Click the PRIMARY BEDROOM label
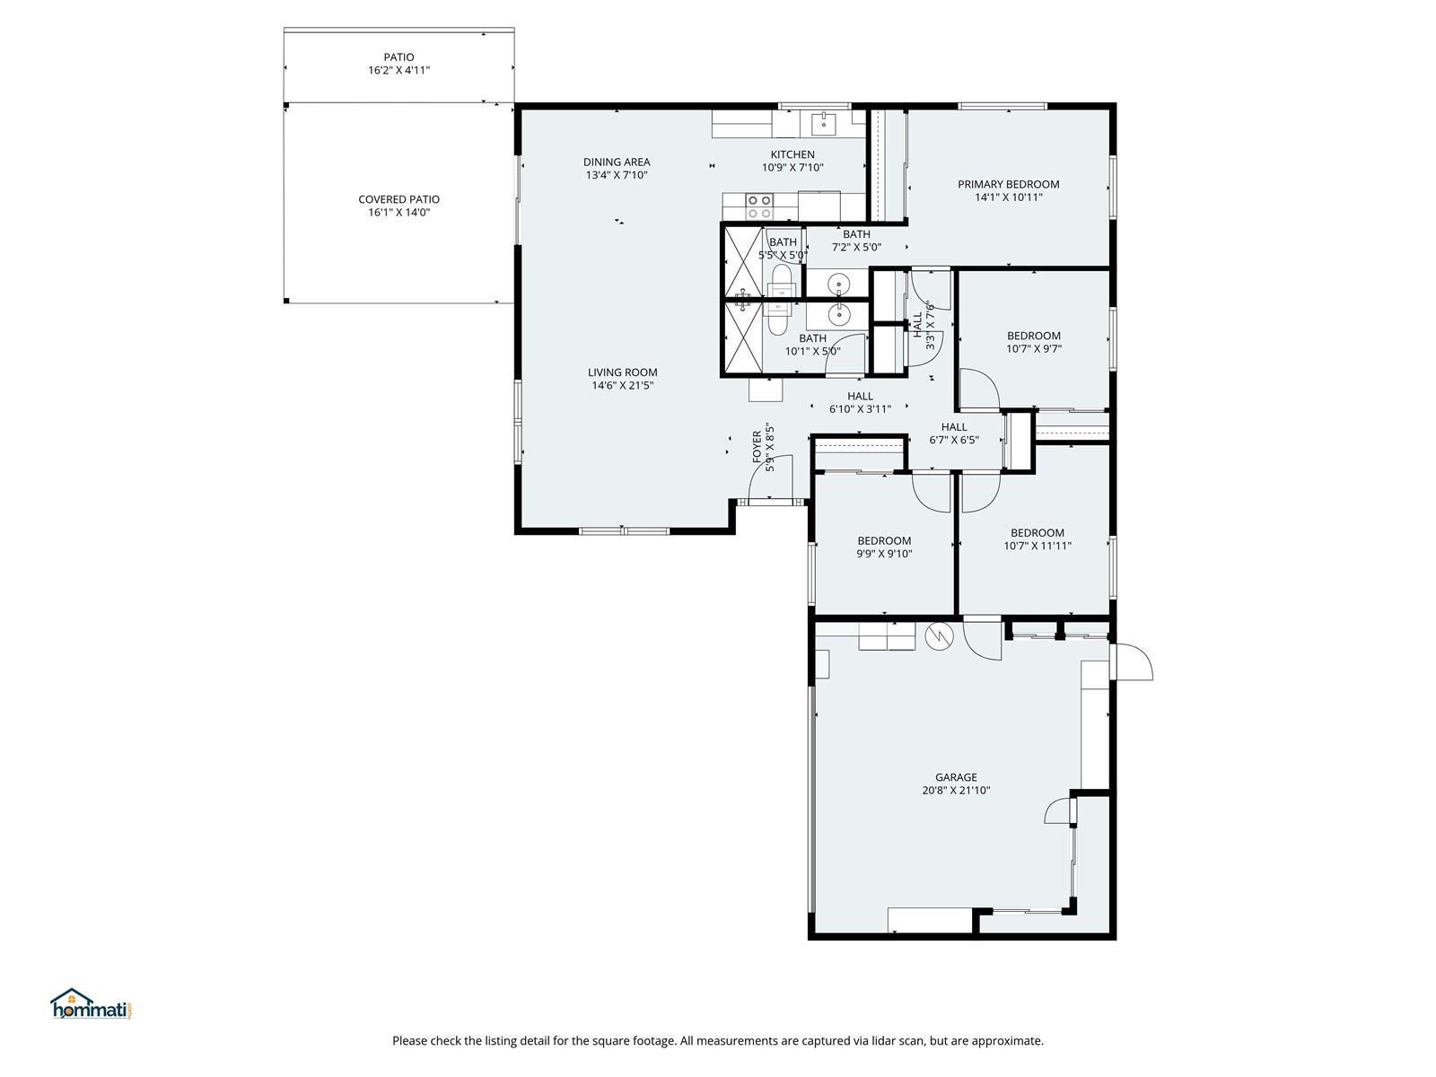pos(1008,184)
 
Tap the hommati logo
pos(92,1004)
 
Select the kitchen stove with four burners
pos(759,206)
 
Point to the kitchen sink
pos(823,124)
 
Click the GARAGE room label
pos(955,777)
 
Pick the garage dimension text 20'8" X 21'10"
pos(955,790)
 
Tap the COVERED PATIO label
pos(398,199)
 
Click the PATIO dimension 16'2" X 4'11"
pos(398,70)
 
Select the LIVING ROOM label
pos(622,372)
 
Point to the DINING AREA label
pos(617,162)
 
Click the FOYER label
pos(757,447)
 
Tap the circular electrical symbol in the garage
pos(939,635)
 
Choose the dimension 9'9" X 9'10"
pos(884,554)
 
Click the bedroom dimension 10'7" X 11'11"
pos(1037,546)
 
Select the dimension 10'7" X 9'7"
pos(1033,349)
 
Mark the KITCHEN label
pos(792,155)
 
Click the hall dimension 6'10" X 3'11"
pos(860,409)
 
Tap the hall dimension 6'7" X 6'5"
pos(954,440)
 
